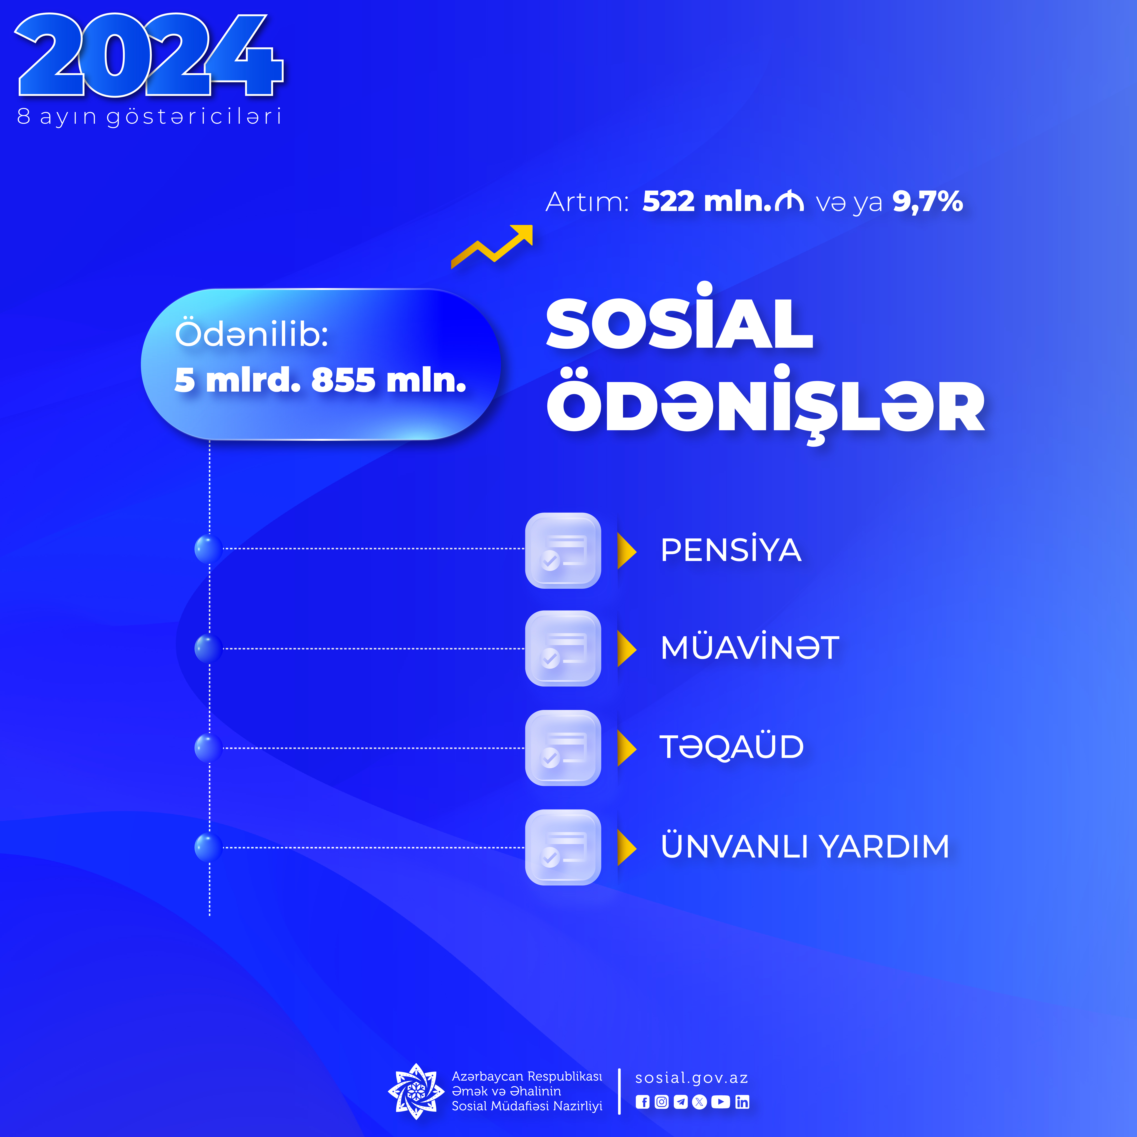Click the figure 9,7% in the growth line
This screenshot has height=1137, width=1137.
click(x=928, y=202)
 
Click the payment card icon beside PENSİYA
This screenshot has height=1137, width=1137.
click(x=563, y=550)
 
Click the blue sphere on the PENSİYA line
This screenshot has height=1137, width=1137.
click(x=208, y=549)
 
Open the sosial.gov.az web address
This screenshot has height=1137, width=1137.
click(x=692, y=1078)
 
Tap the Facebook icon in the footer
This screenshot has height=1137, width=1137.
click(x=643, y=1102)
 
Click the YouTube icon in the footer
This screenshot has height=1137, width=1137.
click(x=720, y=1102)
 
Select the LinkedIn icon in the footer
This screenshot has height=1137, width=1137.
click(x=742, y=1102)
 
